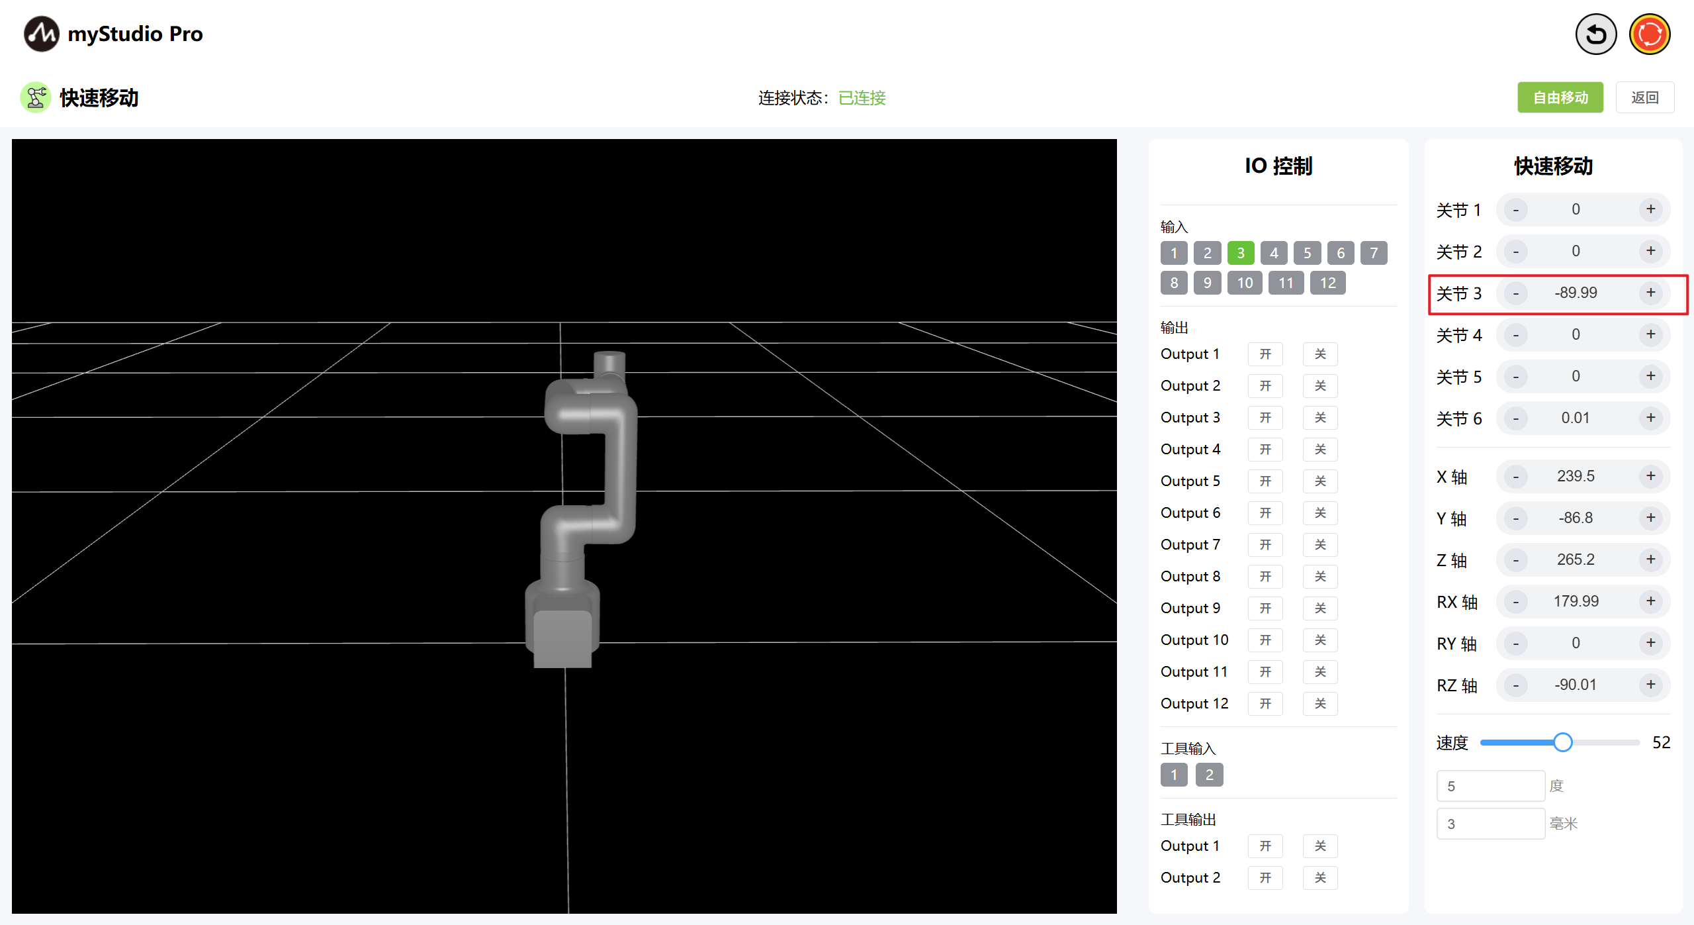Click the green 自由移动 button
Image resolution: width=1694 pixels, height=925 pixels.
tap(1560, 97)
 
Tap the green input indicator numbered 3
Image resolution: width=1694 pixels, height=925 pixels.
tap(1241, 253)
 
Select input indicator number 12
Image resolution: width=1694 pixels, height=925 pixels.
tap(1327, 283)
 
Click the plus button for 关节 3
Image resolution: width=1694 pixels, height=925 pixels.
tap(1650, 293)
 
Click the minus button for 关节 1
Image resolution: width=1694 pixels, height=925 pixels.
tap(1515, 210)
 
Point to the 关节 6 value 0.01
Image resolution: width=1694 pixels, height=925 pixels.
tap(1575, 418)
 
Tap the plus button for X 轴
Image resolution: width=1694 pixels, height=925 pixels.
tap(1650, 476)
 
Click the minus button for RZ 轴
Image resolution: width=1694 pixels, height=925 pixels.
tap(1515, 685)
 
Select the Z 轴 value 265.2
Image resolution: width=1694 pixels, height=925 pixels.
tap(1576, 560)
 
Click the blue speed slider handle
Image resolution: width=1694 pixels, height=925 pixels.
tap(1562, 742)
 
